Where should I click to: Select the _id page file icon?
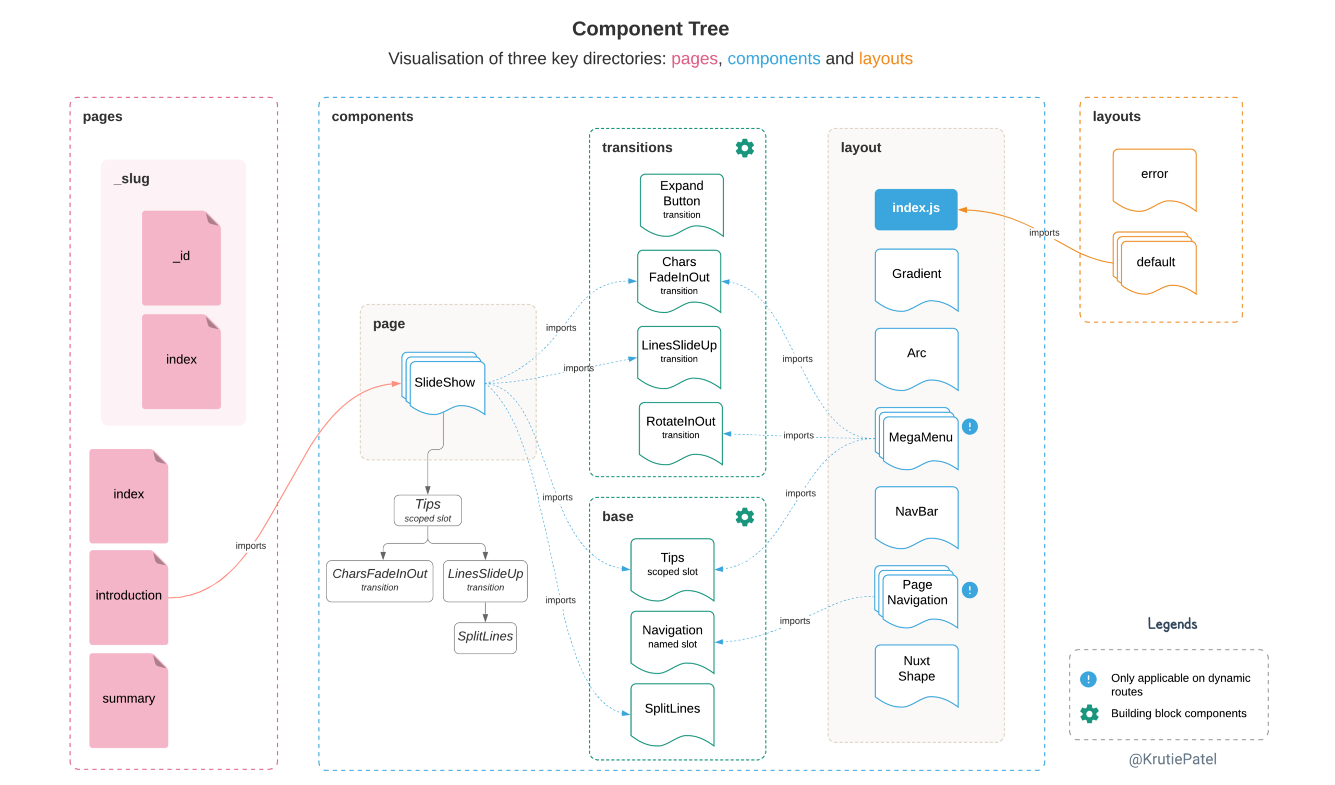(181, 258)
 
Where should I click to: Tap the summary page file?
(129, 700)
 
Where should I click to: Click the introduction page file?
(129, 597)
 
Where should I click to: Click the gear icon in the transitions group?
(744, 148)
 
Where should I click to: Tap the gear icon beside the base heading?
(744, 517)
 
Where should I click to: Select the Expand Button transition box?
(681, 201)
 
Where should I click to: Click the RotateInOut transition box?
(680, 429)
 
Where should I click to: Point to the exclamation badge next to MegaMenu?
(969, 426)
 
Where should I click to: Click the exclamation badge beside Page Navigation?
(969, 590)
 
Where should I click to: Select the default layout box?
(1156, 263)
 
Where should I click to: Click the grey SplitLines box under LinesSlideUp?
(485, 637)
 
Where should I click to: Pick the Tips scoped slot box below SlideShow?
(428, 510)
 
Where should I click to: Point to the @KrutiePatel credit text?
(1172, 759)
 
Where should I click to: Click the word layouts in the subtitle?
(885, 58)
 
